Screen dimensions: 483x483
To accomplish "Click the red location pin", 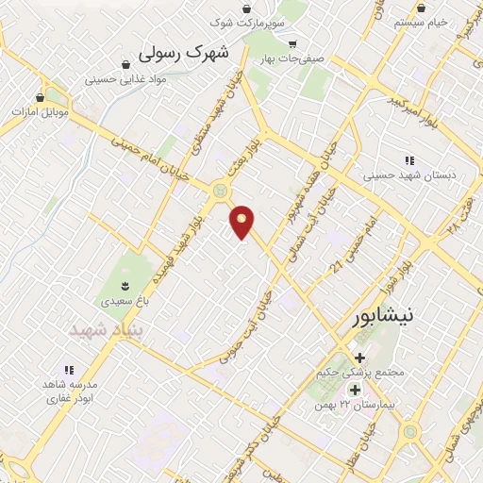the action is pos(242,220).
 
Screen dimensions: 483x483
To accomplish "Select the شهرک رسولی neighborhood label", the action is pos(184,53).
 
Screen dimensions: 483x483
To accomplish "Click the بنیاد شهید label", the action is pos(103,330).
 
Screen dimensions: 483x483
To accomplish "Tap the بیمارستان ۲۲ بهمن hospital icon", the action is pos(355,390).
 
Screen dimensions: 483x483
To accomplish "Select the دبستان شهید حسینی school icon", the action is pos(408,161).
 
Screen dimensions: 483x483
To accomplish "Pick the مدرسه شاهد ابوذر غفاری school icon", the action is pos(68,370).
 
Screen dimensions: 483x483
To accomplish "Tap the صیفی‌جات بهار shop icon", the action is pos(292,43).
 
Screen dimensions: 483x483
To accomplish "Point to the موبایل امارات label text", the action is pos(37,111).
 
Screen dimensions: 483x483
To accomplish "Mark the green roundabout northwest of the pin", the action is pos(221,191).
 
